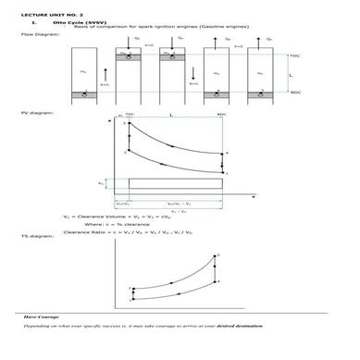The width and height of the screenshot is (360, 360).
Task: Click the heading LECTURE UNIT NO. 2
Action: coord(42,16)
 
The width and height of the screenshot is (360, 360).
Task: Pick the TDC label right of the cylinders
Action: coord(293,56)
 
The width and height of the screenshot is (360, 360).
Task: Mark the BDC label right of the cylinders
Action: coord(294,92)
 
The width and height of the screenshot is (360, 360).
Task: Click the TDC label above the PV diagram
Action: coord(130,115)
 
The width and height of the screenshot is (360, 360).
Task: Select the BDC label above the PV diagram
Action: coord(220,115)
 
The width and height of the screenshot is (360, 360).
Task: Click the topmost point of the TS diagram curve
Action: coord(217,254)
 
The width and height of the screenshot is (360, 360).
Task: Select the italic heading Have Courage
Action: coord(42,317)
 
